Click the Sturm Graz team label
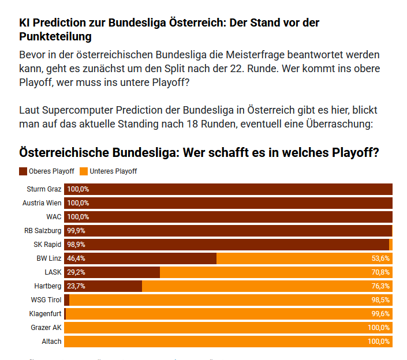point(44,189)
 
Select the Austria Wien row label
point(42,203)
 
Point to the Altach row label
point(51,342)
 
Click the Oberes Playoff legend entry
point(47,171)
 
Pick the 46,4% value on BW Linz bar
point(76,258)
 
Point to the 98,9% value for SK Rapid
point(76,245)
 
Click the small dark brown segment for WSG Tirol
point(66,300)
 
